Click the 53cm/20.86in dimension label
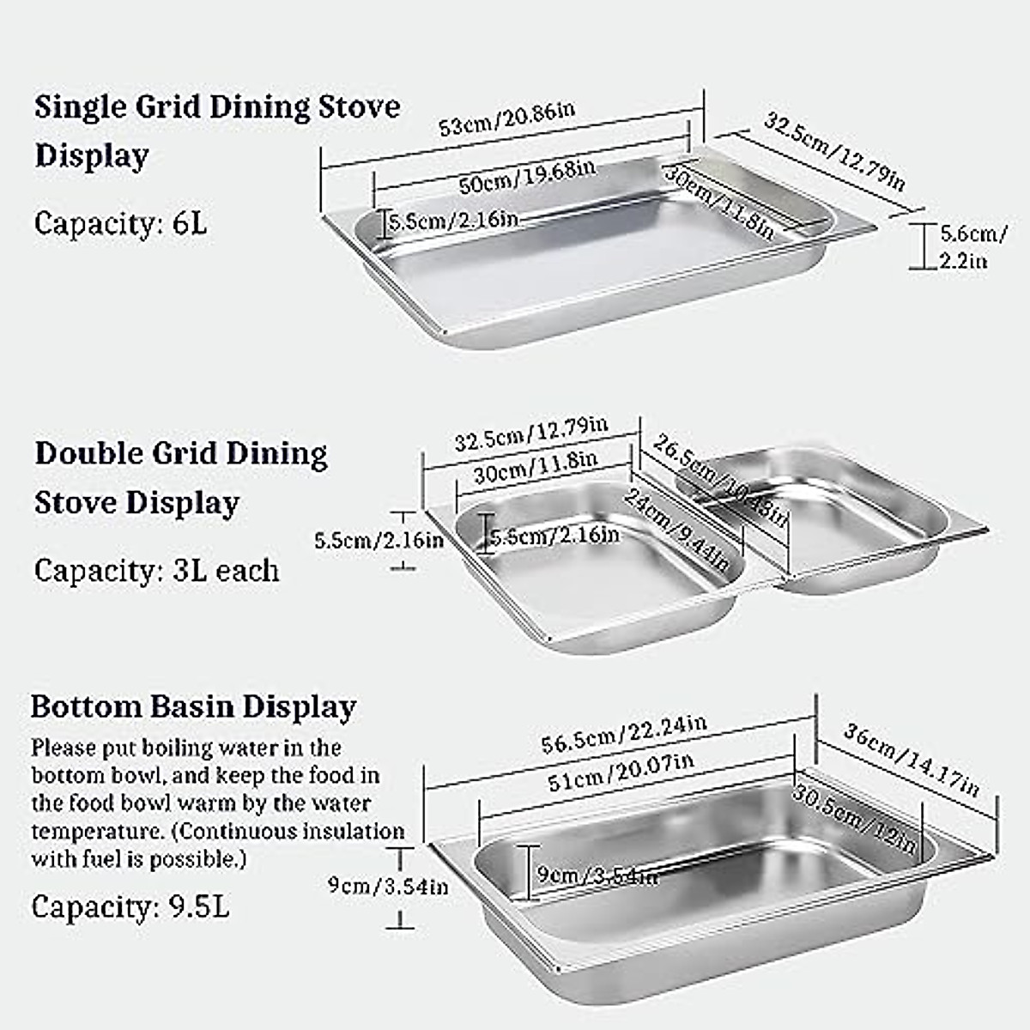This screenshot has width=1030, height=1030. click(x=506, y=118)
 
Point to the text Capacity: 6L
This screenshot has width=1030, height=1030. click(x=120, y=224)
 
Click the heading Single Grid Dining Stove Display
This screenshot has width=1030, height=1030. click(x=217, y=130)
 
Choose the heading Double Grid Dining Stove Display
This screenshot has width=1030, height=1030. click(x=181, y=477)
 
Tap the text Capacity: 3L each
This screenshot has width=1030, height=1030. click(x=156, y=571)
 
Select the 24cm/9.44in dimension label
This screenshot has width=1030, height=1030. click(x=677, y=530)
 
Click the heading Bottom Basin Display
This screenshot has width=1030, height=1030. click(x=193, y=707)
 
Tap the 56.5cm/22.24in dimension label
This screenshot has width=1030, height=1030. click(x=624, y=734)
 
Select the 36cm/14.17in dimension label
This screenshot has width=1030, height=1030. click(x=911, y=760)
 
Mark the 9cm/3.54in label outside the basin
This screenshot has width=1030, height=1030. click(x=388, y=885)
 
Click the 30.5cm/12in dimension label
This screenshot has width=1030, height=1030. click(x=854, y=818)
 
